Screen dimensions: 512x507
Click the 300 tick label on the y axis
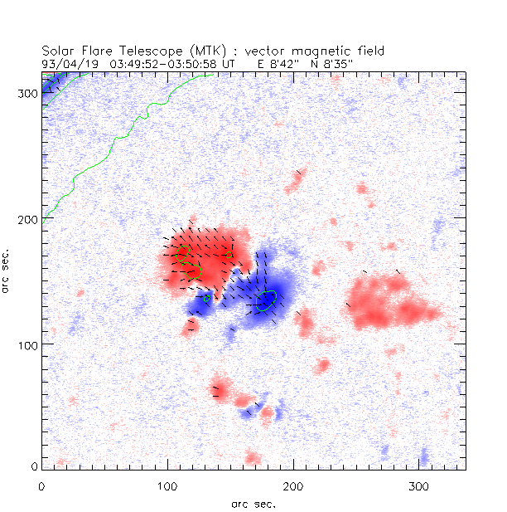[27, 93]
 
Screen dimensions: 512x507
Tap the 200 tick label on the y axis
[27, 218]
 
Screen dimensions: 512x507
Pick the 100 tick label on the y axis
[27, 344]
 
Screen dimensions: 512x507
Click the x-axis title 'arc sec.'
[253, 503]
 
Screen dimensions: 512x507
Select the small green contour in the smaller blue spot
[206, 297]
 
